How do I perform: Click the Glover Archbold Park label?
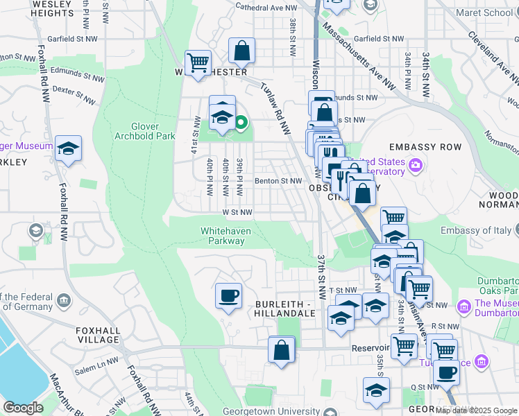tap(154, 131)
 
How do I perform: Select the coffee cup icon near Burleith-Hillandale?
tap(228, 296)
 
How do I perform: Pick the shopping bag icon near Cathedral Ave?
tap(241, 51)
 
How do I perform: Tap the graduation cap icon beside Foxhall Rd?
tap(68, 148)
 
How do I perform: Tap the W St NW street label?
tap(237, 212)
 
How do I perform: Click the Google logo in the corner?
tap(22, 408)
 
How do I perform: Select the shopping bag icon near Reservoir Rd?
tap(282, 349)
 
